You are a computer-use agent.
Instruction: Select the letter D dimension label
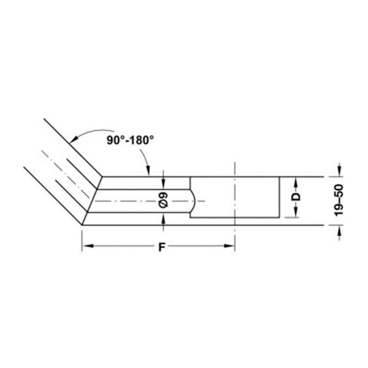(295, 197)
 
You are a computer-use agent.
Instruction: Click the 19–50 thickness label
(339, 199)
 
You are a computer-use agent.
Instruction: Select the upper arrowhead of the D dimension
(295, 180)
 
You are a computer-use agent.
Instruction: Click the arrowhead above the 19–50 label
(339, 172)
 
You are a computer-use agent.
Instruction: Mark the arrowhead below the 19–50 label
(339, 229)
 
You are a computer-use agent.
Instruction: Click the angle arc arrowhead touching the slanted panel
(72, 139)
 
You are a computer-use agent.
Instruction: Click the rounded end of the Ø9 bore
(193, 201)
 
